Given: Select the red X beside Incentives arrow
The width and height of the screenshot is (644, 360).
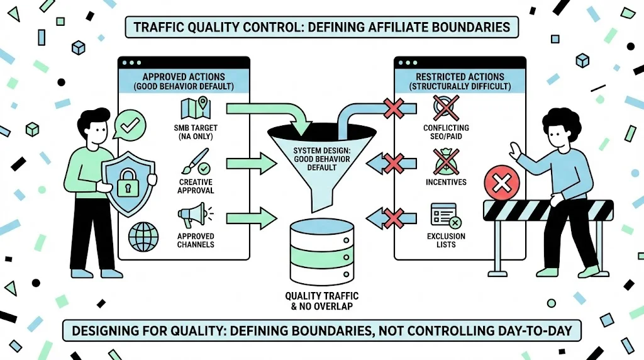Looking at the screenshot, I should (393, 164).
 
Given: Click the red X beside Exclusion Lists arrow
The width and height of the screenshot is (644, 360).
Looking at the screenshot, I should (393, 220).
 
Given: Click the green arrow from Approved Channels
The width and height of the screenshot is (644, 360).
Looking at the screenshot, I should (252, 220).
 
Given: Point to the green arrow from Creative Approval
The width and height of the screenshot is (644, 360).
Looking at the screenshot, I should (252, 165).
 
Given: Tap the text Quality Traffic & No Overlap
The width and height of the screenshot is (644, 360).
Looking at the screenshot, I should (322, 301).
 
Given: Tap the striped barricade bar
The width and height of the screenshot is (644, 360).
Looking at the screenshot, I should (547, 210).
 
